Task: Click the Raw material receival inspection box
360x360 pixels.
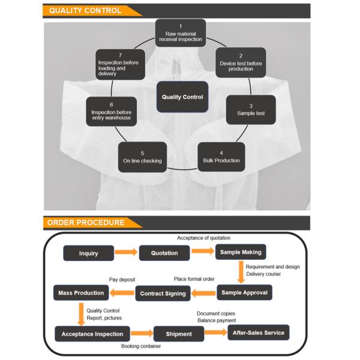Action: pos(180,33)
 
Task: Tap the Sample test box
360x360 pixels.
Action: pos(251,110)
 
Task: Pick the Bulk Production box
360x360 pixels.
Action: pos(221,157)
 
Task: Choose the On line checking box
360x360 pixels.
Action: pos(142,157)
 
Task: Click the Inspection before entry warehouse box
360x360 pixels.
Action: pos(112,112)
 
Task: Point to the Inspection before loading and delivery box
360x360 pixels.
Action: pos(121,65)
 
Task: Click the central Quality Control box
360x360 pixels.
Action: pos(182,97)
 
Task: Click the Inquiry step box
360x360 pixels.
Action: pos(88,253)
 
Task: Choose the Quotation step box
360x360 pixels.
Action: pos(164,253)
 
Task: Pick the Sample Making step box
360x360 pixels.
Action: pos(241,252)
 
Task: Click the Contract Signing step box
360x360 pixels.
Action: pos(164,293)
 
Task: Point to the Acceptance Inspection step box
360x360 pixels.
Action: pos(92,334)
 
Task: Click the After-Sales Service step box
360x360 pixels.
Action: pos(259,332)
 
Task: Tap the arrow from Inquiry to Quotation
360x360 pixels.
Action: pos(126,253)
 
